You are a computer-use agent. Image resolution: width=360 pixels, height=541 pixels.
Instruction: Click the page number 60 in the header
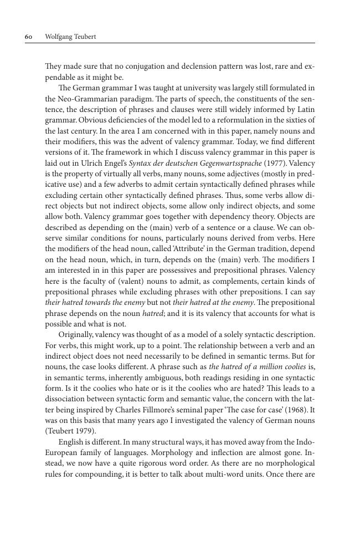click(x=28, y=37)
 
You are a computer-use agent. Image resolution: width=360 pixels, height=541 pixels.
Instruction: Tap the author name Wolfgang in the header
click(x=59, y=37)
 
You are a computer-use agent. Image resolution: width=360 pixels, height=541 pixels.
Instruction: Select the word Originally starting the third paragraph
click(x=76, y=335)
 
